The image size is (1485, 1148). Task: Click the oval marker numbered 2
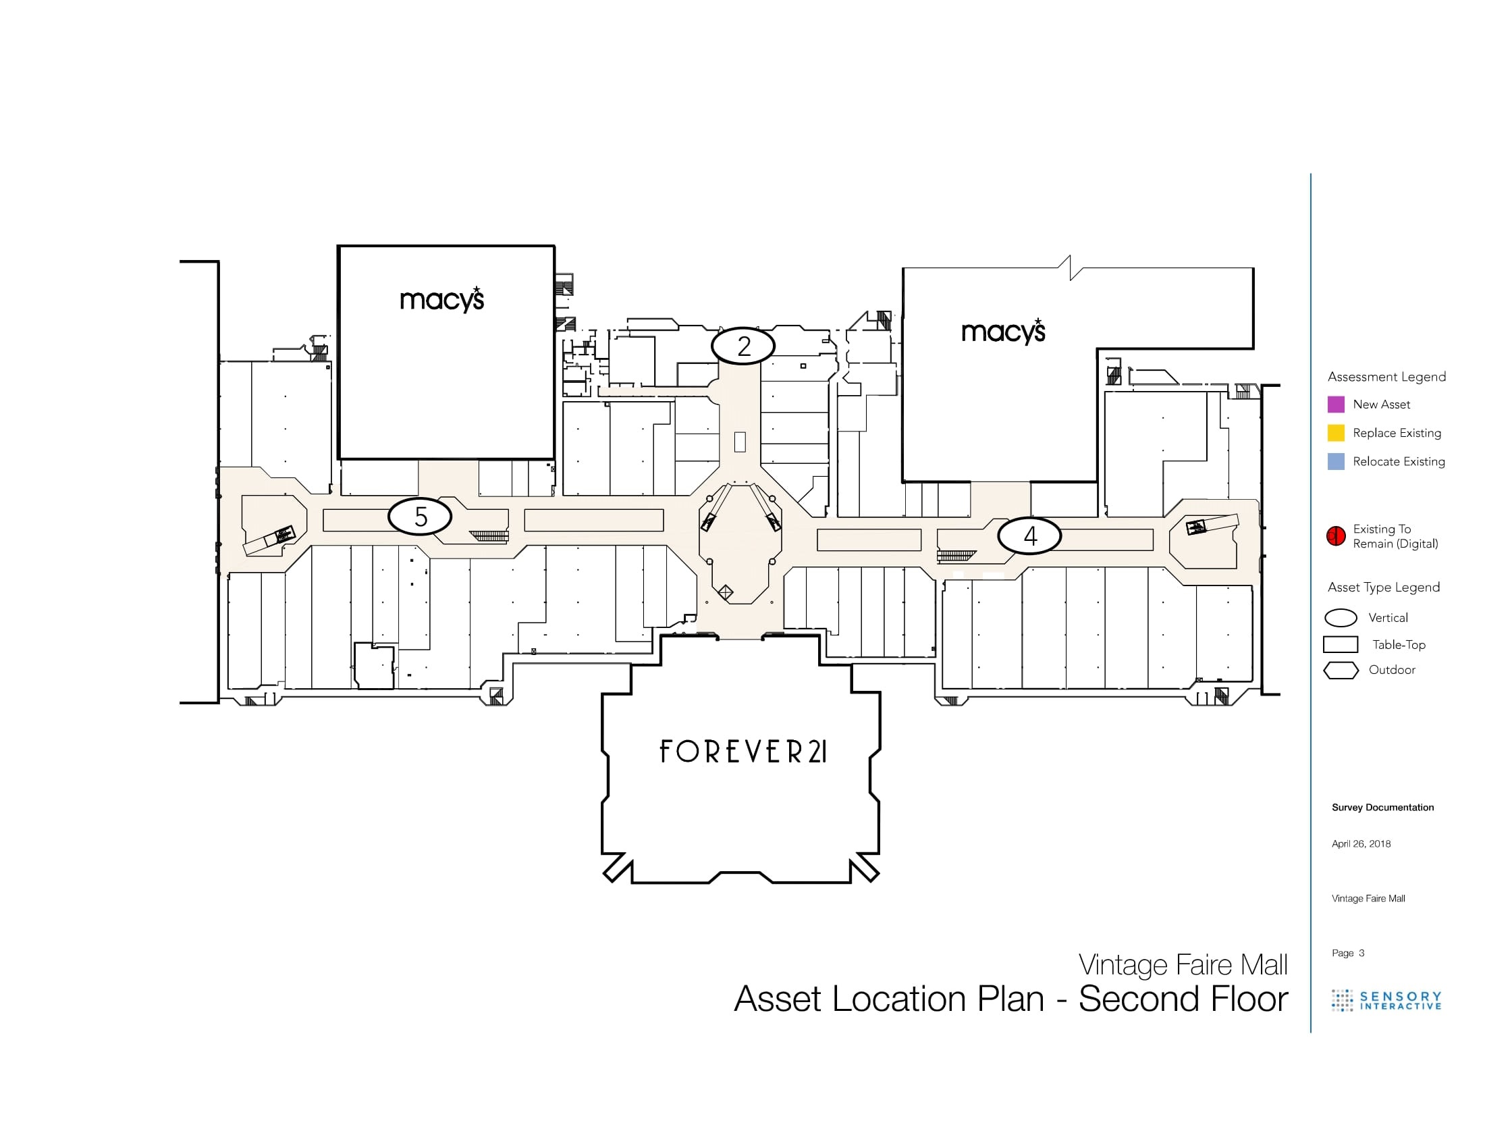click(743, 346)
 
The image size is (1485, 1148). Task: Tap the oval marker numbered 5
click(420, 517)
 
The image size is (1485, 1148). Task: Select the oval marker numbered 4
click(1029, 536)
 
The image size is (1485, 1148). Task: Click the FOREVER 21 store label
click(743, 752)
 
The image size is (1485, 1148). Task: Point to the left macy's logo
click(442, 300)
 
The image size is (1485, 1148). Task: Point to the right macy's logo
click(1004, 332)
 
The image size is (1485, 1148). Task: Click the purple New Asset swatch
click(1336, 405)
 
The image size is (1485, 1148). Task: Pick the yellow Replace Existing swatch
click(1336, 434)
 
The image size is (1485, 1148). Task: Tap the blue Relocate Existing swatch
click(1336, 462)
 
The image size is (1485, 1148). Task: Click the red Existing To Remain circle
click(1336, 536)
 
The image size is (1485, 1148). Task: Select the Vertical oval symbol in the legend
click(1341, 617)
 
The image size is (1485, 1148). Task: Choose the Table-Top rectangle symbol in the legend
click(1340, 644)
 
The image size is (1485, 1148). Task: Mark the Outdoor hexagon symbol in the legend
click(1341, 671)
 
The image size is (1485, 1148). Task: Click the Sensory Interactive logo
click(1386, 1000)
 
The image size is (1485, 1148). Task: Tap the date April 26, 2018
click(1361, 844)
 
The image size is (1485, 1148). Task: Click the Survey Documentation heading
click(1382, 807)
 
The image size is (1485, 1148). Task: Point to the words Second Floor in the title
click(1183, 999)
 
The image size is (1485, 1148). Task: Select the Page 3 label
click(1348, 953)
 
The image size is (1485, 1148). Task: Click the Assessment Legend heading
click(1386, 377)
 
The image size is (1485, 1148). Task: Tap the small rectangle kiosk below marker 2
click(740, 442)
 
